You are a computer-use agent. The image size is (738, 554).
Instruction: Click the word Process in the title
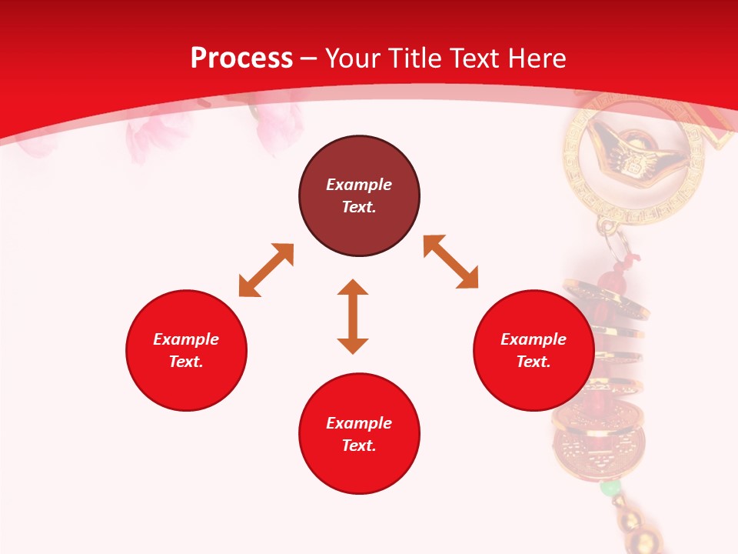pos(241,58)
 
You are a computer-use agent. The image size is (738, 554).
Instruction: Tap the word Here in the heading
pos(537,58)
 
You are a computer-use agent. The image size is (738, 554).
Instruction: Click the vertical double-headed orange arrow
pos(353,316)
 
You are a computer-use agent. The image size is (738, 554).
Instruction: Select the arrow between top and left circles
pos(266,270)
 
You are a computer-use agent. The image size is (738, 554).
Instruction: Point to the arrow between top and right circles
pos(451,262)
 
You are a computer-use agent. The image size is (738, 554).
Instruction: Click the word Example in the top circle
pos(359,185)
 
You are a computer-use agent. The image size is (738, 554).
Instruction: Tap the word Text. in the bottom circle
pos(359,446)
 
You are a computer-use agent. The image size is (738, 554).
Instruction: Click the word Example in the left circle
pos(186,339)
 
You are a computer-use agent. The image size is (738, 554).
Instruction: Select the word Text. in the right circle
pos(534,362)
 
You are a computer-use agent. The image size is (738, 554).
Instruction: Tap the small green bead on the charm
pos(610,488)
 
